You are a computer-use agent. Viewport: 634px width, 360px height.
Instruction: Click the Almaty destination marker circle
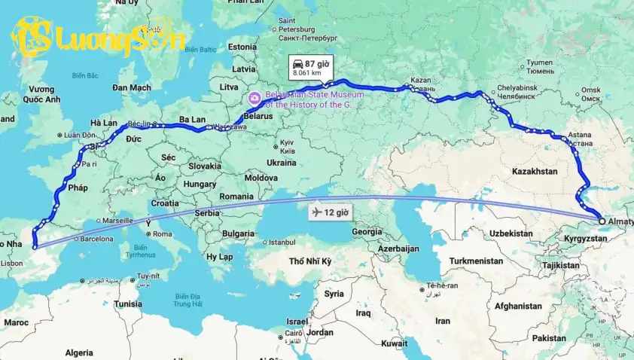click(601, 221)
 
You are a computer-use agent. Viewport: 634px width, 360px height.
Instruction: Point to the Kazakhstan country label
click(535, 172)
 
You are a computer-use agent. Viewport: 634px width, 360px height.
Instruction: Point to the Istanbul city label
click(282, 243)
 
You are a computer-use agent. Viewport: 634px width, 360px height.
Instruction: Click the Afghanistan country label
click(517, 307)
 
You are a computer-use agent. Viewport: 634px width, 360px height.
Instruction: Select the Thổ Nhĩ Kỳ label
click(311, 261)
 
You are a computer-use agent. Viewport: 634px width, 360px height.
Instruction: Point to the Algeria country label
click(79, 352)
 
